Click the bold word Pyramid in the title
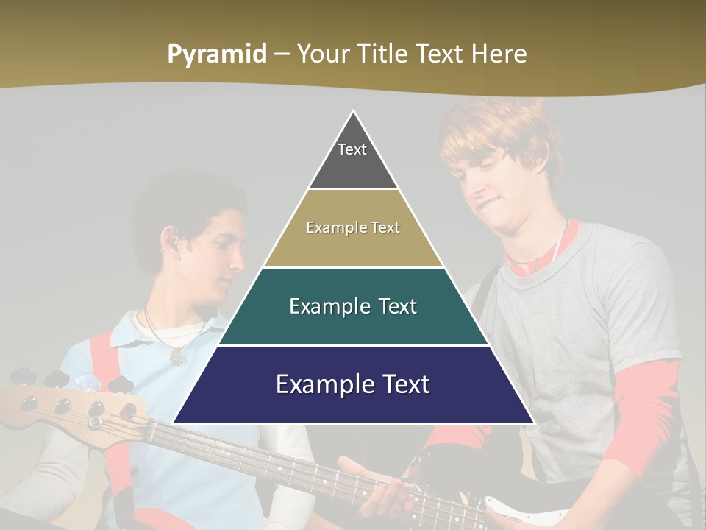(216, 54)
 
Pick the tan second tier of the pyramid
(353, 247)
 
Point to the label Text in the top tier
(352, 149)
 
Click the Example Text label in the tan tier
(353, 227)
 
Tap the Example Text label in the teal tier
(353, 306)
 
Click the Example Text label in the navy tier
(353, 384)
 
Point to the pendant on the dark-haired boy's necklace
(177, 356)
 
